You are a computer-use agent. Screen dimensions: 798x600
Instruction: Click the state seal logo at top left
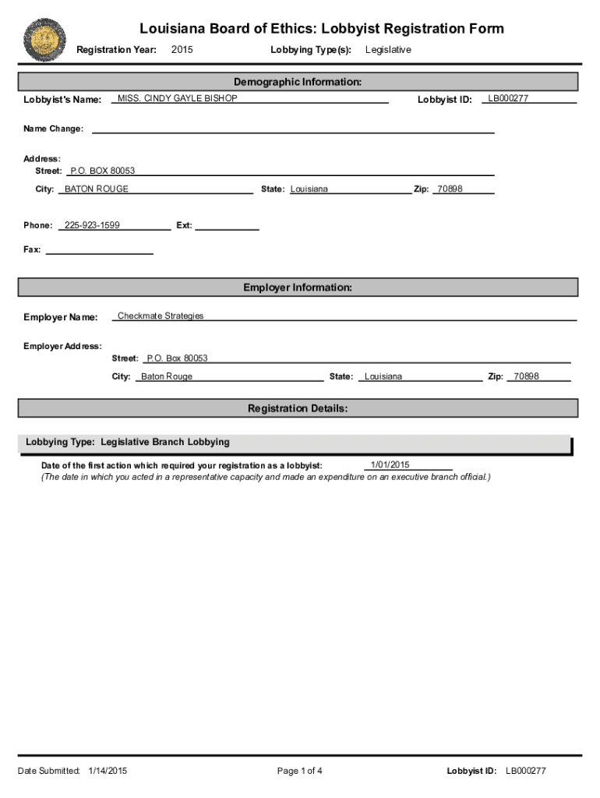coord(45,40)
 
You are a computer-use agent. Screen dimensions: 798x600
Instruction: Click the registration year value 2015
coord(182,50)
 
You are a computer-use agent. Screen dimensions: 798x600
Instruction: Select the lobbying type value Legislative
coord(388,50)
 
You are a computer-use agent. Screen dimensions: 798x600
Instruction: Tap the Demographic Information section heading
coord(298,82)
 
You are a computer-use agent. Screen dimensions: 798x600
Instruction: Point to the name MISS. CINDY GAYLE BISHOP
coord(177,99)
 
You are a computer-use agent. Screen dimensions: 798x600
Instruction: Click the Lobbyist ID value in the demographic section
coord(508,99)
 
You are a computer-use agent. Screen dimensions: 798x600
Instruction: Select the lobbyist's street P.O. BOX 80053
coord(102,171)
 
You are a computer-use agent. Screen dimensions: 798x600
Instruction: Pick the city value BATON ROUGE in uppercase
coord(97,189)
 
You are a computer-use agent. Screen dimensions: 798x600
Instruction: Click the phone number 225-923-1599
coord(92,225)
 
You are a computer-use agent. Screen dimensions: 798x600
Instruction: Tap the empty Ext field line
coord(227,226)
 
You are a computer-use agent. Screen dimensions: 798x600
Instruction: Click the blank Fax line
coord(100,250)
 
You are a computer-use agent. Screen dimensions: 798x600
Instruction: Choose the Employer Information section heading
coord(298,288)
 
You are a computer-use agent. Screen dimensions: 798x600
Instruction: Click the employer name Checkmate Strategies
coord(161,316)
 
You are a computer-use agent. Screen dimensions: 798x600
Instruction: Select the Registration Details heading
coord(298,408)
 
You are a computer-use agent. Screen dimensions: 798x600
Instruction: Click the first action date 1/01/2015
coord(390,465)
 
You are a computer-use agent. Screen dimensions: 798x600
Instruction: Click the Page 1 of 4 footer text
coord(299,771)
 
